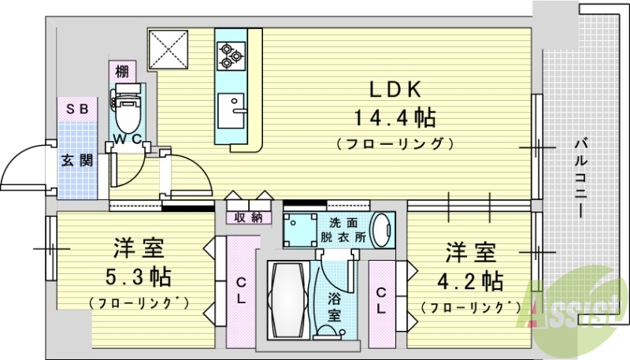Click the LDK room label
(x=395, y=88)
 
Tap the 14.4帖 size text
(x=395, y=118)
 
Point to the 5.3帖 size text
(x=138, y=276)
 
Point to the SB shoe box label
(x=76, y=109)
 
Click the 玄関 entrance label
(x=77, y=161)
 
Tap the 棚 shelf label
(x=121, y=71)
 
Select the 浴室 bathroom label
(x=334, y=306)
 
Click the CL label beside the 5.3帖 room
(x=242, y=291)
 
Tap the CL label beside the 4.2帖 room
(x=381, y=301)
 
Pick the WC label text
(x=126, y=139)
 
